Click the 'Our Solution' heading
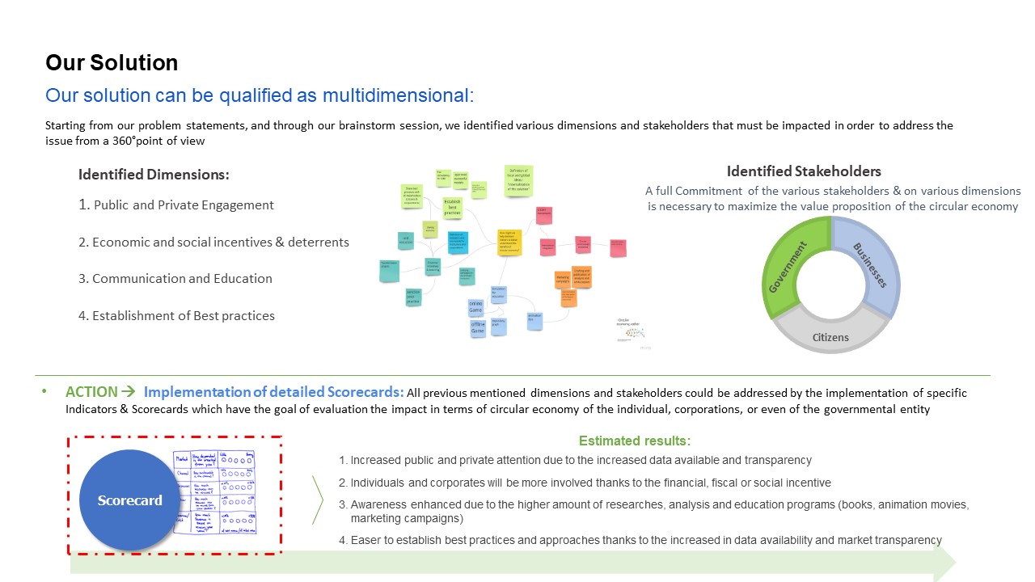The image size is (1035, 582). click(112, 63)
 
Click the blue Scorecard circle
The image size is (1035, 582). click(130, 500)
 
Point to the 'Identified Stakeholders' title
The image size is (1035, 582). click(804, 171)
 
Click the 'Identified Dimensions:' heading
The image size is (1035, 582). click(154, 175)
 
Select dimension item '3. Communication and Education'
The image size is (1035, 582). click(175, 279)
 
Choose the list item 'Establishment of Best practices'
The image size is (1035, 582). click(176, 316)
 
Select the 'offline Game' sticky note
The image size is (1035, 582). click(478, 328)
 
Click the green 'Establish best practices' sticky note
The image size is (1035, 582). click(452, 206)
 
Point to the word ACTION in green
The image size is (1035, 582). click(91, 392)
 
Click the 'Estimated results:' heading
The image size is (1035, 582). click(634, 441)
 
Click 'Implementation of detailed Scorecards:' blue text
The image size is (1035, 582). click(273, 392)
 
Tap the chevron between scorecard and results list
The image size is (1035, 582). click(318, 500)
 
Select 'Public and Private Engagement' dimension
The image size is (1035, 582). click(176, 205)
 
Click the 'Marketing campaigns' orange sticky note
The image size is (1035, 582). click(563, 279)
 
